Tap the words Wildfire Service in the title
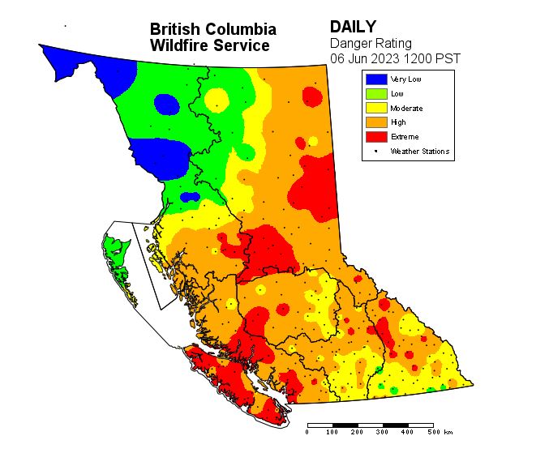[209, 46]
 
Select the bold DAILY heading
[352, 28]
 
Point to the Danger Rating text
[371, 43]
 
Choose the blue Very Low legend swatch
[375, 79]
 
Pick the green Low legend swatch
[375, 94]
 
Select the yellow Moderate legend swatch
[375, 108]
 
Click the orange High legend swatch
[375, 122]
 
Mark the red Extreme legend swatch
[375, 137]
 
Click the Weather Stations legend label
[419, 152]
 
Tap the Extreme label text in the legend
[405, 137]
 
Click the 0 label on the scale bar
[307, 433]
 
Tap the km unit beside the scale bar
[448, 433]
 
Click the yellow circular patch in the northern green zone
[217, 100]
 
